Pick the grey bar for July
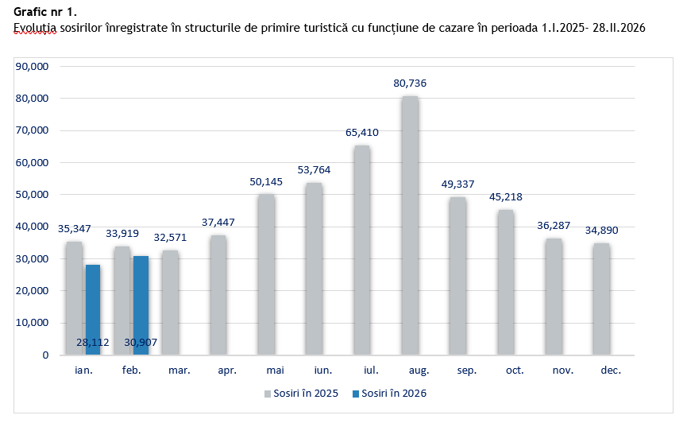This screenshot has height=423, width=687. click(x=361, y=250)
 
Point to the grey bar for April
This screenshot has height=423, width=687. click(x=218, y=295)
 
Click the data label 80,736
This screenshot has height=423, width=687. click(x=410, y=83)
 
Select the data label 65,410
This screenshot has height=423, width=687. click(x=362, y=132)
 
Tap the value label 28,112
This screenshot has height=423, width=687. click(x=93, y=342)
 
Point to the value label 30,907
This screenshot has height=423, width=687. click(x=141, y=342)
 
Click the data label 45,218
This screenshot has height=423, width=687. click(x=505, y=196)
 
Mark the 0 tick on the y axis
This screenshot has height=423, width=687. click(x=45, y=355)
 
